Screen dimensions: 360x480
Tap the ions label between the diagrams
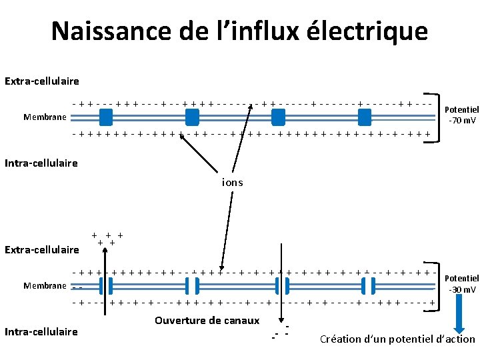(x=233, y=182)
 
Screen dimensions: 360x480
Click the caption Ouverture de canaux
(x=207, y=321)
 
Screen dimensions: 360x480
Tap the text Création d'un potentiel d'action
(x=397, y=339)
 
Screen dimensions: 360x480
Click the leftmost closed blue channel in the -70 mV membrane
(x=106, y=117)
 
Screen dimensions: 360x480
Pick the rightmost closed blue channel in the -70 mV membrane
(x=364, y=117)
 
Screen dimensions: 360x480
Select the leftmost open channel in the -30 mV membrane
(x=106, y=286)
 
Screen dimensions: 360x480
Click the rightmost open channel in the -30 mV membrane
(x=364, y=286)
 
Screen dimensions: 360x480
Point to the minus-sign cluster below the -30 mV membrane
(x=280, y=331)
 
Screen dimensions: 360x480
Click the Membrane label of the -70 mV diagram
(x=45, y=117)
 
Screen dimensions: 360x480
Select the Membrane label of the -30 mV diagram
(x=45, y=286)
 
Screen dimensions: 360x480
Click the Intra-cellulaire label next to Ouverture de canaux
(x=41, y=331)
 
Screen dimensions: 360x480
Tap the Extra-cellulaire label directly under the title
(x=41, y=81)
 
